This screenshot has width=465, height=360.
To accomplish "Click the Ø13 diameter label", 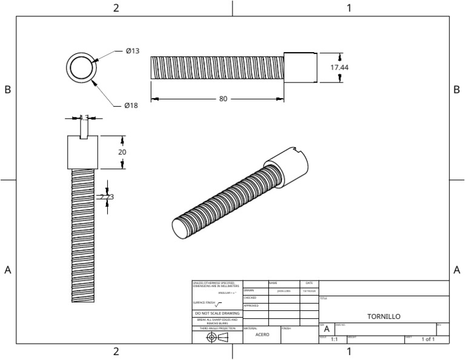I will click(133, 51).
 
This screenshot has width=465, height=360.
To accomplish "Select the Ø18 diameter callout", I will click(131, 105).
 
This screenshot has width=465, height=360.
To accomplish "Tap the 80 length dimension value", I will click(223, 99).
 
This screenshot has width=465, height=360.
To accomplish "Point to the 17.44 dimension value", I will click(339, 68).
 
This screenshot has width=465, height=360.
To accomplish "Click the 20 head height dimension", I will click(122, 152).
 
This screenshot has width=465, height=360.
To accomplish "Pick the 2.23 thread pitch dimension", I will click(107, 196).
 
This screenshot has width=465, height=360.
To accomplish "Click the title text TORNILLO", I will click(384, 316).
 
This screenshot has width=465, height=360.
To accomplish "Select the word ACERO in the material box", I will click(262, 335).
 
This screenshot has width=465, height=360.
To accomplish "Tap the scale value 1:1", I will click(334, 339).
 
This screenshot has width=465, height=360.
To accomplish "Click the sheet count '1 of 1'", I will click(428, 339).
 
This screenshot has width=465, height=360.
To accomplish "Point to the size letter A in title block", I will click(326, 328).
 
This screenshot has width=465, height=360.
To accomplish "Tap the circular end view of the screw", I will click(81, 67).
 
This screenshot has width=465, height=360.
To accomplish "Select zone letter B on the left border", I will click(8, 90).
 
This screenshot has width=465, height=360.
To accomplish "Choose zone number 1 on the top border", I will click(349, 8).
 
